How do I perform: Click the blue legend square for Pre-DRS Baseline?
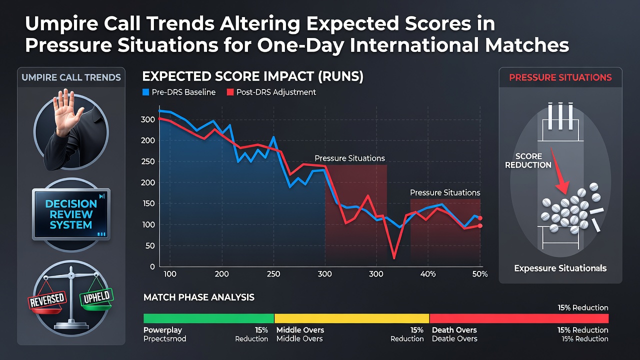145,92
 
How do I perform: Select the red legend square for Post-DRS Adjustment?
230,92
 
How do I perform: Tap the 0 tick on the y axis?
152,266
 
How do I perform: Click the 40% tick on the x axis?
428,274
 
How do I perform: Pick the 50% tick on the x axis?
479,274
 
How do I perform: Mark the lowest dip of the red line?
394,258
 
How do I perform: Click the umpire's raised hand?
67,111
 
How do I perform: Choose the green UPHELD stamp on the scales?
96,297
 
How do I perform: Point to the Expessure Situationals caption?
560,268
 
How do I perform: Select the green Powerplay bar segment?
208,318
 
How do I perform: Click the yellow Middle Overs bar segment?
351,318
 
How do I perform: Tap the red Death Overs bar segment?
519,318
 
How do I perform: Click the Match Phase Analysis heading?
199,297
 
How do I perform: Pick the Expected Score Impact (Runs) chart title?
252,76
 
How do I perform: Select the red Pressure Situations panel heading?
560,77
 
